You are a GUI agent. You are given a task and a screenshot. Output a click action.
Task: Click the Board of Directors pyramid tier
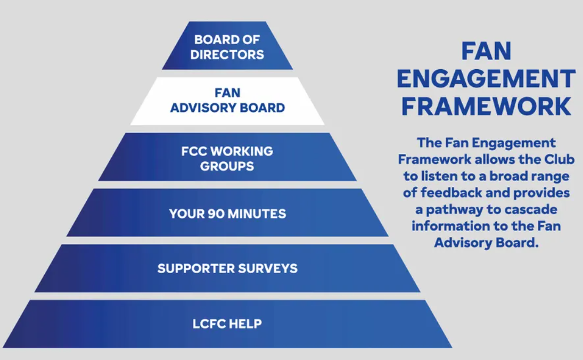tap(227, 45)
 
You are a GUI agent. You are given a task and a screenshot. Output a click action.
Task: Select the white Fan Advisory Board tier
tap(227, 101)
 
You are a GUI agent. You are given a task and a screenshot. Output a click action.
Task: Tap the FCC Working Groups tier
tap(227, 157)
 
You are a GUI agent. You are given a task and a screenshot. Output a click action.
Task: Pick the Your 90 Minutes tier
tap(227, 212)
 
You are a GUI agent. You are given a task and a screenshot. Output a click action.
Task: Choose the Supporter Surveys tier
tap(227, 268)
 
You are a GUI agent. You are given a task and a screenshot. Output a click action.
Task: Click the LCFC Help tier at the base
tap(227, 324)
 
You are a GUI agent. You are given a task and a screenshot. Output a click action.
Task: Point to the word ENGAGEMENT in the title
tap(486, 78)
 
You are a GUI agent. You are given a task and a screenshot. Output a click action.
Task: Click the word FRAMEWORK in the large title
tap(486, 107)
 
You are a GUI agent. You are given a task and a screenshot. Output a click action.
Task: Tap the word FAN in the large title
tap(486, 51)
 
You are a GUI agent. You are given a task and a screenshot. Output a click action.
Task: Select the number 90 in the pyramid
tap(216, 214)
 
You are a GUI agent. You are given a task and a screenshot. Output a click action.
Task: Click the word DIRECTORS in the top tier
tap(227, 55)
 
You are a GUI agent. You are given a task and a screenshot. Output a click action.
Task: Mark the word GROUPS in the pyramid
tap(227, 166)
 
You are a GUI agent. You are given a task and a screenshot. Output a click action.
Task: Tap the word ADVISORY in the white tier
tap(203, 108)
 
